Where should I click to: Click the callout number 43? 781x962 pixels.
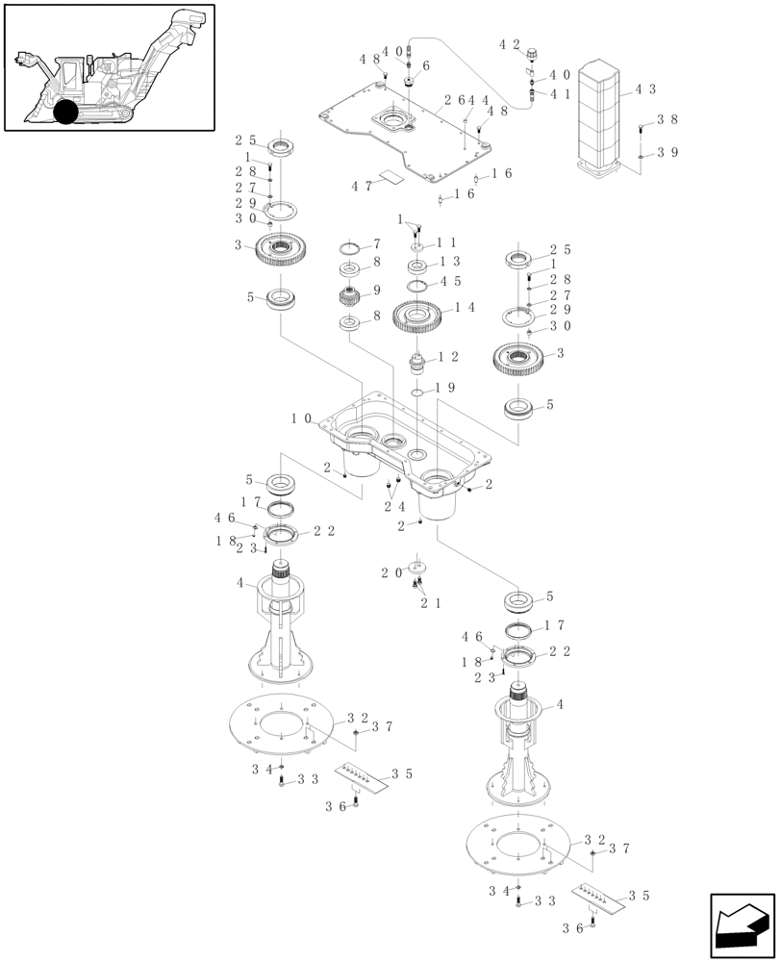tap(645, 89)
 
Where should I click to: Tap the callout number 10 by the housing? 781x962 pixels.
tap(302, 418)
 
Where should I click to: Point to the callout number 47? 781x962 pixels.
tap(361, 186)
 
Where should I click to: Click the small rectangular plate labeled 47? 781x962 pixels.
tap(390, 177)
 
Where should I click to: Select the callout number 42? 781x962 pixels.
tap(509, 44)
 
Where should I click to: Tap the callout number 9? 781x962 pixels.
tap(377, 290)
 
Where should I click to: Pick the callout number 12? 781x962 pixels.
tap(447, 356)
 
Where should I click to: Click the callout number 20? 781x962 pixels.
tap(390, 572)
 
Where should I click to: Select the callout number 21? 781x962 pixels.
tap(429, 603)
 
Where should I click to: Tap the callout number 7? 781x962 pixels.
tap(377, 245)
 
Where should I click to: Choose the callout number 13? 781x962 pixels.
tap(449, 262)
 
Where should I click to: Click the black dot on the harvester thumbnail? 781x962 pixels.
tap(65, 112)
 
